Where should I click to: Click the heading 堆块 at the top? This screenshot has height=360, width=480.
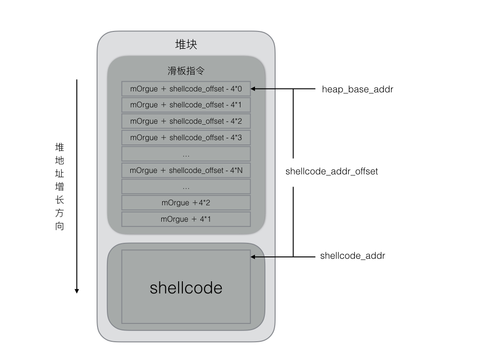click(186, 45)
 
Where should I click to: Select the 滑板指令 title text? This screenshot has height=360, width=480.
click(186, 71)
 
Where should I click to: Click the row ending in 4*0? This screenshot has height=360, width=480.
click(186, 89)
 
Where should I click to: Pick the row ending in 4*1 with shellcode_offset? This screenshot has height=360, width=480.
click(186, 105)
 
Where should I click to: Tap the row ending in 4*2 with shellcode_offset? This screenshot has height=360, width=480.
click(186, 121)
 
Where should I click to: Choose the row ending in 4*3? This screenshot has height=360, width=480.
click(186, 137)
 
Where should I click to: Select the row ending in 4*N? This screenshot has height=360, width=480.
click(186, 170)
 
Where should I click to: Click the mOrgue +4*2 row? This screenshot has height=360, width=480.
click(186, 203)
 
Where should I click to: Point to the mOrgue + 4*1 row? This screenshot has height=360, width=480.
click(186, 219)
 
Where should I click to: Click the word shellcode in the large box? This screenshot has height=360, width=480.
click(186, 287)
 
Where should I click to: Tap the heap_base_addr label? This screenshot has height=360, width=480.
click(357, 89)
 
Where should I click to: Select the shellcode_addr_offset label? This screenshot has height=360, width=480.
click(331, 172)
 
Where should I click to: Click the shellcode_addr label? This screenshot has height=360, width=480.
click(352, 256)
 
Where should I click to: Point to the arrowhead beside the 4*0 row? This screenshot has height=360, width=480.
click(254, 89)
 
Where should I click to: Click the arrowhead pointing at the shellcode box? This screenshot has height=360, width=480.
click(254, 256)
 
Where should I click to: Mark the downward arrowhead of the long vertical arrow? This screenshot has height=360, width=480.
click(77, 291)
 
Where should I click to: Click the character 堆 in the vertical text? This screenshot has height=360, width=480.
click(60, 147)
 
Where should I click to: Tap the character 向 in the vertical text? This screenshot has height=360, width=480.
click(60, 226)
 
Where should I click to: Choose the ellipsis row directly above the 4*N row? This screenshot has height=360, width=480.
click(186, 154)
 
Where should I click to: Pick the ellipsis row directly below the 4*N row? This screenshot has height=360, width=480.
click(186, 187)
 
